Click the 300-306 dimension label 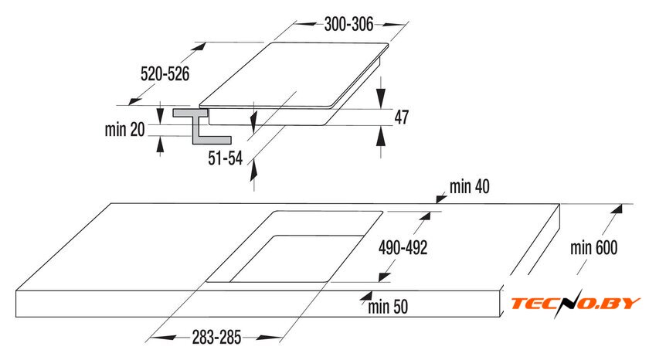348,25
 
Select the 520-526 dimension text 165,74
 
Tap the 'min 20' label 124,130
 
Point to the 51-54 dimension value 225,158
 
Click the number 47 402,117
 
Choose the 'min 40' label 470,187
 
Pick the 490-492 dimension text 403,247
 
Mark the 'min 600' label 594,247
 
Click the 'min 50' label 388,307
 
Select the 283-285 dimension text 216,338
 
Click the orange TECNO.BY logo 576,304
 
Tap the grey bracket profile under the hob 202,126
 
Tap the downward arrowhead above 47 381,97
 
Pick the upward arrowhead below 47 381,137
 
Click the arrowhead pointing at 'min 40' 441,199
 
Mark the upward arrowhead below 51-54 253,171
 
